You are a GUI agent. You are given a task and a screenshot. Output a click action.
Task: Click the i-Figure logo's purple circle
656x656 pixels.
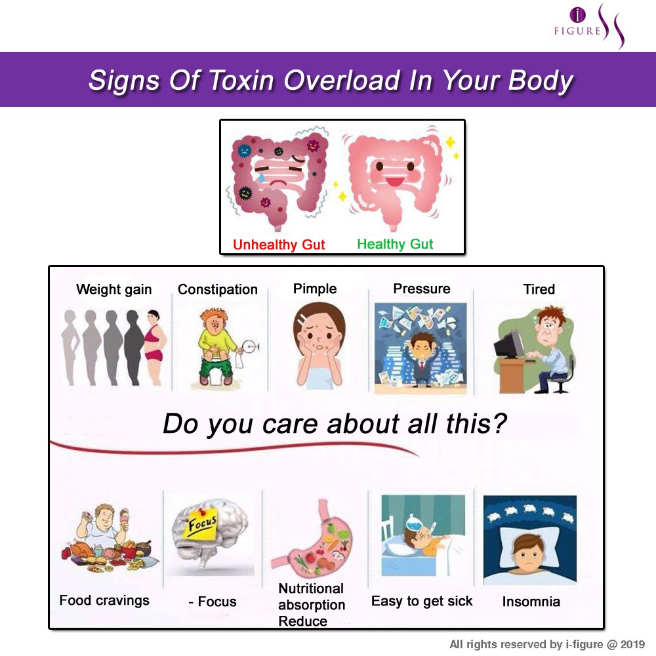(578, 14)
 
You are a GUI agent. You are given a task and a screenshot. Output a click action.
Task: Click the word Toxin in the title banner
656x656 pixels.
(241, 80)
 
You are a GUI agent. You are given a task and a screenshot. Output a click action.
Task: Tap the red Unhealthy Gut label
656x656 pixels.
(279, 244)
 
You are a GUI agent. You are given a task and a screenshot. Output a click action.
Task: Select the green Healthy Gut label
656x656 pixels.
(395, 243)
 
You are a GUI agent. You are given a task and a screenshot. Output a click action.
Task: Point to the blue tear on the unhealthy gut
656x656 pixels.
(262, 177)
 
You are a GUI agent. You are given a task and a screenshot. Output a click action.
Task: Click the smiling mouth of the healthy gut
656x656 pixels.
(394, 181)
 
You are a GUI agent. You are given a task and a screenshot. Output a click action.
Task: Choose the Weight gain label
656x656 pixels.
(113, 289)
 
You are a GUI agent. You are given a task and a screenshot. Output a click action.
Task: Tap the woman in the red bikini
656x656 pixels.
(154, 347)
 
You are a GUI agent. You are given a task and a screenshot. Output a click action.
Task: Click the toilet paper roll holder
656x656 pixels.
(250, 346)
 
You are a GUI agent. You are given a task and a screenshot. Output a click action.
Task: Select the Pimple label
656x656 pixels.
(315, 289)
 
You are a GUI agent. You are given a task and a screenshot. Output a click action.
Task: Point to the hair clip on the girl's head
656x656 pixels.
(302, 319)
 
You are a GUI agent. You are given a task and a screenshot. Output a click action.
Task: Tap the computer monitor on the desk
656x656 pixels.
(508, 344)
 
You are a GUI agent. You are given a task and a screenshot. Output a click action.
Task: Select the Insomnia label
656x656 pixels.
(531, 602)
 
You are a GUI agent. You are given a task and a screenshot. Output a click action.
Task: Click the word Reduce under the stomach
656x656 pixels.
(302, 621)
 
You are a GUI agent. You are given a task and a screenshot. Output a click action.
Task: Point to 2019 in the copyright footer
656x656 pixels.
(632, 644)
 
